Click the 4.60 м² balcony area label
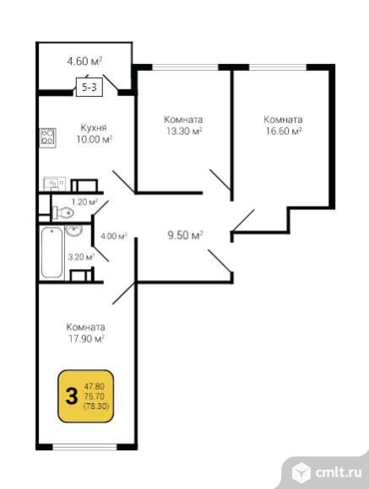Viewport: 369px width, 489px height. [x=84, y=61]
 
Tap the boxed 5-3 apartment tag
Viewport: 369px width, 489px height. [x=90, y=87]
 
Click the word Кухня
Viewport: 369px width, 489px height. [x=94, y=127]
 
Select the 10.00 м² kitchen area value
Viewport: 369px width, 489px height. [x=94, y=139]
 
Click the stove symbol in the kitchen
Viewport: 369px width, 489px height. [x=48, y=137]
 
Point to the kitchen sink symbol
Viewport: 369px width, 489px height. [x=54, y=183]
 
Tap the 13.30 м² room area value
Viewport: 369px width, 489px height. [x=184, y=131]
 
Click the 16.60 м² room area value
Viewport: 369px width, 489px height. [x=284, y=131]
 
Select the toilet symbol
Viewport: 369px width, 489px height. [x=62, y=213]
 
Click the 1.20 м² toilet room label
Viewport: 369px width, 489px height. [x=84, y=202]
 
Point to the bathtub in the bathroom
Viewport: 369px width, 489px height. [x=52, y=253]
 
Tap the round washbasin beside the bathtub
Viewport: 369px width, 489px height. [x=73, y=231]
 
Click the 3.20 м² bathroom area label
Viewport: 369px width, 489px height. [x=81, y=257]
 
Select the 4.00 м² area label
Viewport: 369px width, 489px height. [x=113, y=236]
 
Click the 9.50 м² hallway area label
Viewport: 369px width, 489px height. [x=185, y=235]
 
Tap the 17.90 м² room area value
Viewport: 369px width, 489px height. [x=86, y=338]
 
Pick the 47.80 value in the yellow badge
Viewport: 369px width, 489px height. [x=94, y=387]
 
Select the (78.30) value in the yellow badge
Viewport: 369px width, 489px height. [x=96, y=406]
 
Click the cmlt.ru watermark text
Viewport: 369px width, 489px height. [x=339, y=472]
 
